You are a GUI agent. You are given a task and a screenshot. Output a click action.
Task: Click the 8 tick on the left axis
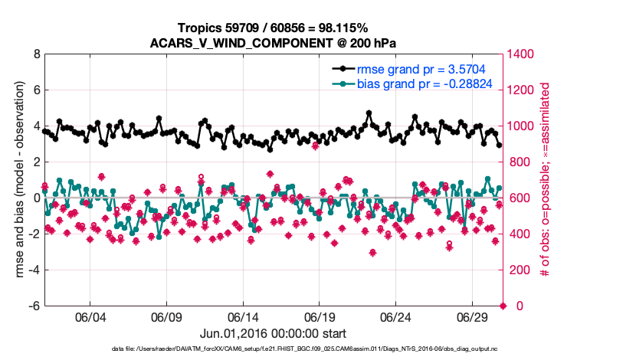[36, 55]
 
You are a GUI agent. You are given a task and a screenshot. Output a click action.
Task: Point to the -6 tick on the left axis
[34, 306]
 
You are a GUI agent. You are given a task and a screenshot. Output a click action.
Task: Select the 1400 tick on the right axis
[522, 55]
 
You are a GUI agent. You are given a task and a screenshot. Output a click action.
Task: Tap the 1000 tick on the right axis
[522, 126]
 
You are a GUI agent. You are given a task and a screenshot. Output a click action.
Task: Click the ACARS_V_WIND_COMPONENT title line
[273, 43]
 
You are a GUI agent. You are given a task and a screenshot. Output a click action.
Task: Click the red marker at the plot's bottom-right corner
[503, 306]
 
